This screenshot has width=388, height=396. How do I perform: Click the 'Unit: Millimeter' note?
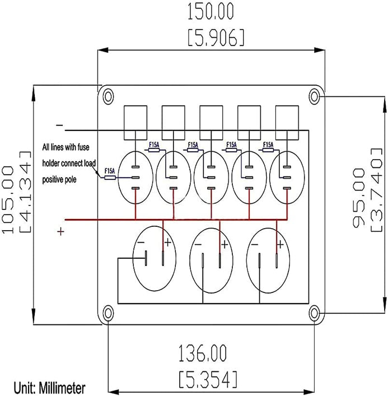[x=50, y=387]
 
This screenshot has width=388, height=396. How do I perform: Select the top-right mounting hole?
[x=315, y=96]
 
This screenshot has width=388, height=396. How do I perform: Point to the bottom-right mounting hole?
[x=315, y=311]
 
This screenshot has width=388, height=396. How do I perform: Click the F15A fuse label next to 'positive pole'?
[x=110, y=171]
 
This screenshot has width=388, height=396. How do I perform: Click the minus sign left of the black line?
[x=59, y=125]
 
